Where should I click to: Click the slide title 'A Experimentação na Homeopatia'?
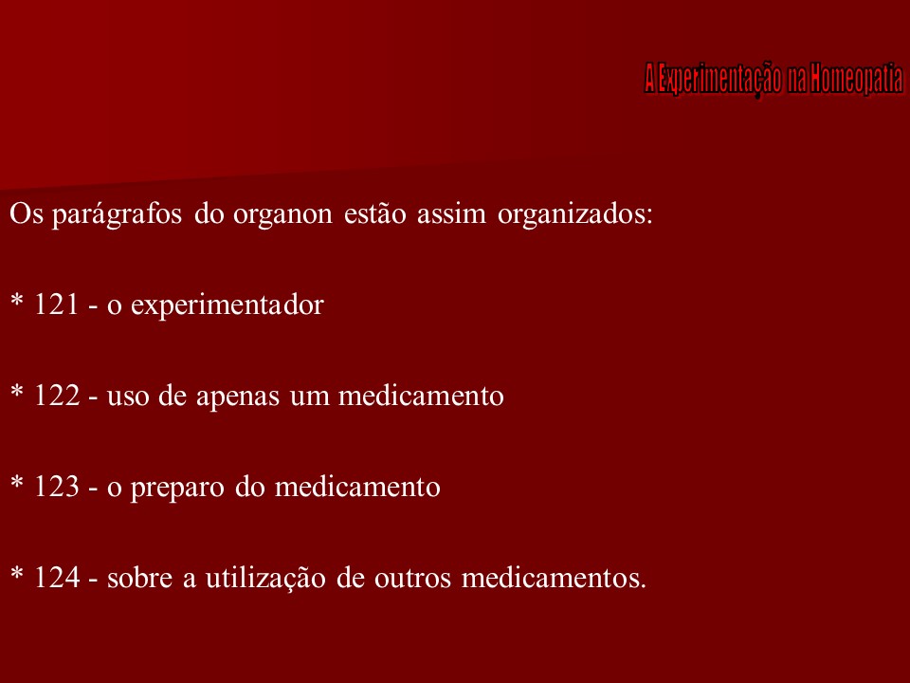pyautogui.click(x=773, y=79)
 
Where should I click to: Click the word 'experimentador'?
pyautogui.click(x=227, y=305)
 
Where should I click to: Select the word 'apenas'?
pyautogui.click(x=284, y=397)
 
